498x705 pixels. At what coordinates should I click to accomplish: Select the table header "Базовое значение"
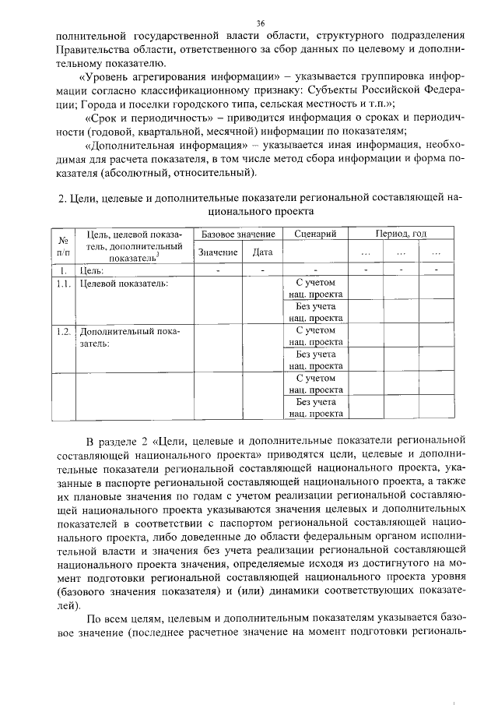point(238,234)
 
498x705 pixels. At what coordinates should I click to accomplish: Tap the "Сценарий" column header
point(315,234)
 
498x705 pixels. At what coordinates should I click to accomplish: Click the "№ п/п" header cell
point(63,246)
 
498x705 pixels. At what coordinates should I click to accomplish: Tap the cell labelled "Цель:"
point(92,270)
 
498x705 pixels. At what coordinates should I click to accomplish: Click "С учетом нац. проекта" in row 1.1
point(315,288)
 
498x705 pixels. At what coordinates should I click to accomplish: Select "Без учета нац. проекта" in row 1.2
point(315,359)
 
